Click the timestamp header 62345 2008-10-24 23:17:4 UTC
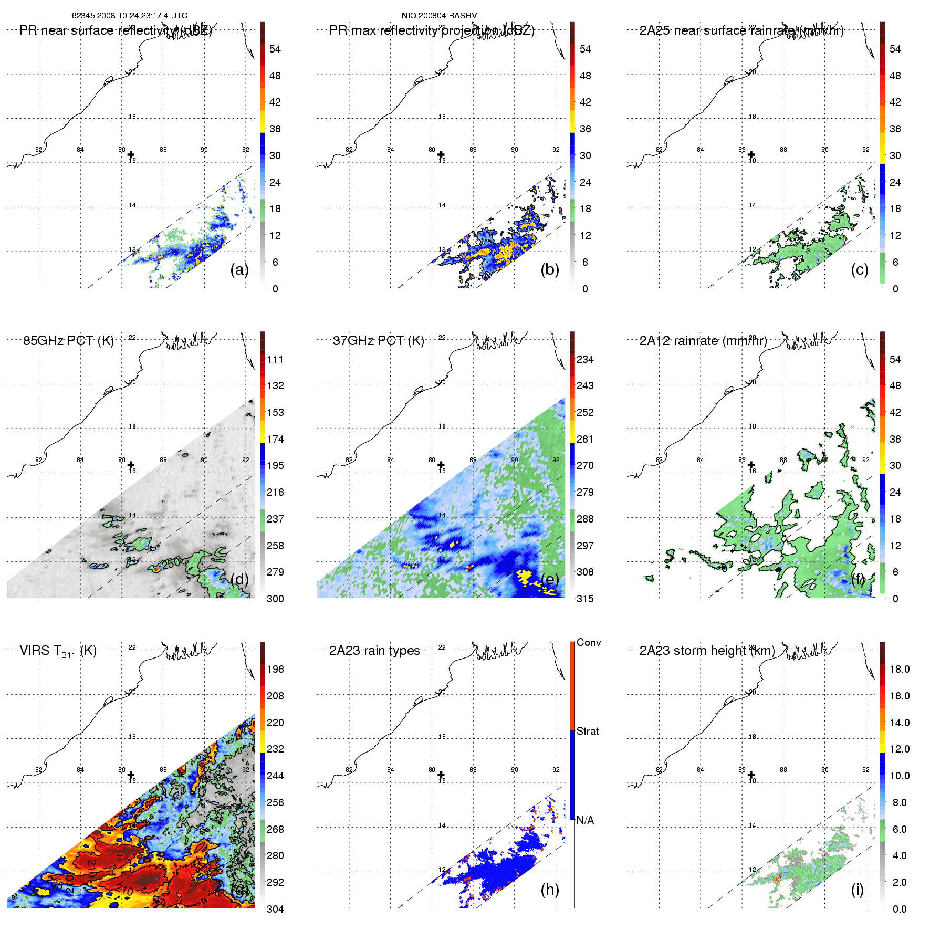tap(129, 15)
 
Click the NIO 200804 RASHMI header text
tap(441, 15)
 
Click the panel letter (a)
tap(239, 269)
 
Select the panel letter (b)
tap(550, 269)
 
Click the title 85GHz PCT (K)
tap(68, 340)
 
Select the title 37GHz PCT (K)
tap(378, 340)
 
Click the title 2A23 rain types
tap(374, 651)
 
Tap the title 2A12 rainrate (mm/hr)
tap(703, 340)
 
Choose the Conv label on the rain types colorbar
tap(589, 642)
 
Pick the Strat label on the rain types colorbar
tap(588, 731)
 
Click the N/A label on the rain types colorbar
tap(585, 820)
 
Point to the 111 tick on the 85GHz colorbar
tap(275, 359)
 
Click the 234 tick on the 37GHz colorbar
tap(585, 359)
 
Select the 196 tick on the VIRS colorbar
tap(275, 669)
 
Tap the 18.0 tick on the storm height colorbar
tap(900, 669)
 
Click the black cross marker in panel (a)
tap(131, 154)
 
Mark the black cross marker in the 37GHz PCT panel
tap(441, 465)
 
